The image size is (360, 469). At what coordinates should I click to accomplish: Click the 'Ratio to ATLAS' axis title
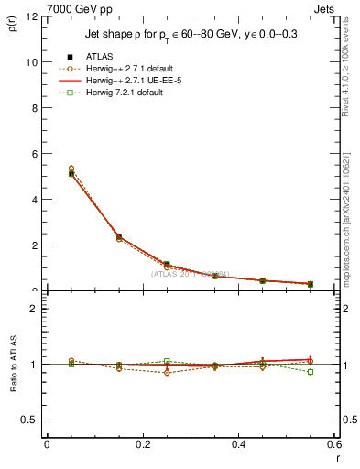point(12,365)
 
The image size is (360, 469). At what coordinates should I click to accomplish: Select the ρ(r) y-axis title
point(12,27)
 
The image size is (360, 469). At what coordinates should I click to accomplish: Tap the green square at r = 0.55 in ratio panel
point(311,372)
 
